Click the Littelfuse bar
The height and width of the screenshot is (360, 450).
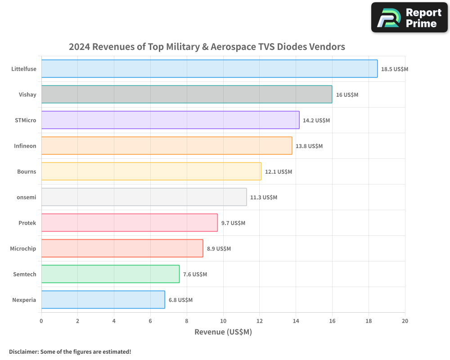click(x=209, y=68)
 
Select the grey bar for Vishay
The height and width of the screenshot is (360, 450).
click(x=187, y=94)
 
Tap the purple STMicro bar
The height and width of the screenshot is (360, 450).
click(x=170, y=120)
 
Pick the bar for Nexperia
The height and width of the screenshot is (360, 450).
click(x=103, y=300)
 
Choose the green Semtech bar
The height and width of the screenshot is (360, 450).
click(x=110, y=274)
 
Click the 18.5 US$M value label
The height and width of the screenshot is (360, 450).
click(x=394, y=69)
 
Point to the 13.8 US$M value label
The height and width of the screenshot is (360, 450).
click(x=309, y=146)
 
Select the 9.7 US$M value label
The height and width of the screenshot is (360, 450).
click(x=233, y=223)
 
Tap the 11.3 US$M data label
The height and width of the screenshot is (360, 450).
click(x=264, y=198)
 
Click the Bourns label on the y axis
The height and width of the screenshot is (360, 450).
click(x=27, y=171)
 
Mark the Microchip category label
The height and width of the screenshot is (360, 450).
click(x=23, y=248)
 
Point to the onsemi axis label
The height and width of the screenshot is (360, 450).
click(x=27, y=197)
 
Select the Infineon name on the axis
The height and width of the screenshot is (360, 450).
click(x=25, y=146)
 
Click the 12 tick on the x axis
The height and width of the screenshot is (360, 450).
click(x=259, y=321)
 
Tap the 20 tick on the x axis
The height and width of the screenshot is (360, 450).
click(x=405, y=321)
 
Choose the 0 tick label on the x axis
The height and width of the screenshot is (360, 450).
click(x=41, y=321)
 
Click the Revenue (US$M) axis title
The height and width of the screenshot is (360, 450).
click(x=223, y=332)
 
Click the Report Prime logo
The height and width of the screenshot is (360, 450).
click(x=409, y=18)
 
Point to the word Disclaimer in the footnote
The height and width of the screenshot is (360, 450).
click(x=23, y=351)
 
